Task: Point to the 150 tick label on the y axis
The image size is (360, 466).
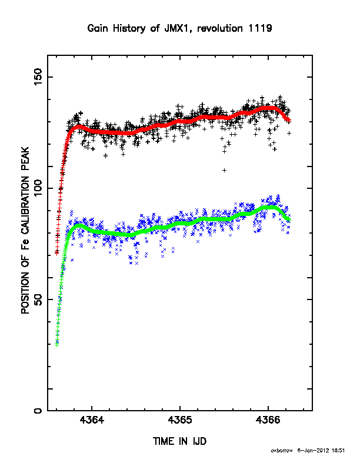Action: point(38,76)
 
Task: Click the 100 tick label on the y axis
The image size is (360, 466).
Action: point(38,188)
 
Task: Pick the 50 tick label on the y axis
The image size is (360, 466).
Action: point(38,299)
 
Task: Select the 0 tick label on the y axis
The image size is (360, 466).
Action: point(38,411)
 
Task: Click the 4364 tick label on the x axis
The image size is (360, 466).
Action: point(92,420)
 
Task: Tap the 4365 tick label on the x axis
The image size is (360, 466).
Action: point(179,420)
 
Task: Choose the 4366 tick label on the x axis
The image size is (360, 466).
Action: point(268,420)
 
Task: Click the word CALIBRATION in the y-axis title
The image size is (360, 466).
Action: point(25,205)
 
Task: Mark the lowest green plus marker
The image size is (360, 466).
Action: point(56,345)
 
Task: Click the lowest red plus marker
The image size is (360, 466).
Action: point(57,254)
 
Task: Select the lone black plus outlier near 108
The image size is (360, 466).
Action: point(225,170)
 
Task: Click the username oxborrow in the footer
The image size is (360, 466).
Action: point(282,451)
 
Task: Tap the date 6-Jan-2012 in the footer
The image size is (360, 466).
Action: point(313,451)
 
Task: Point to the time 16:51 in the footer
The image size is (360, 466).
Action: point(338,451)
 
